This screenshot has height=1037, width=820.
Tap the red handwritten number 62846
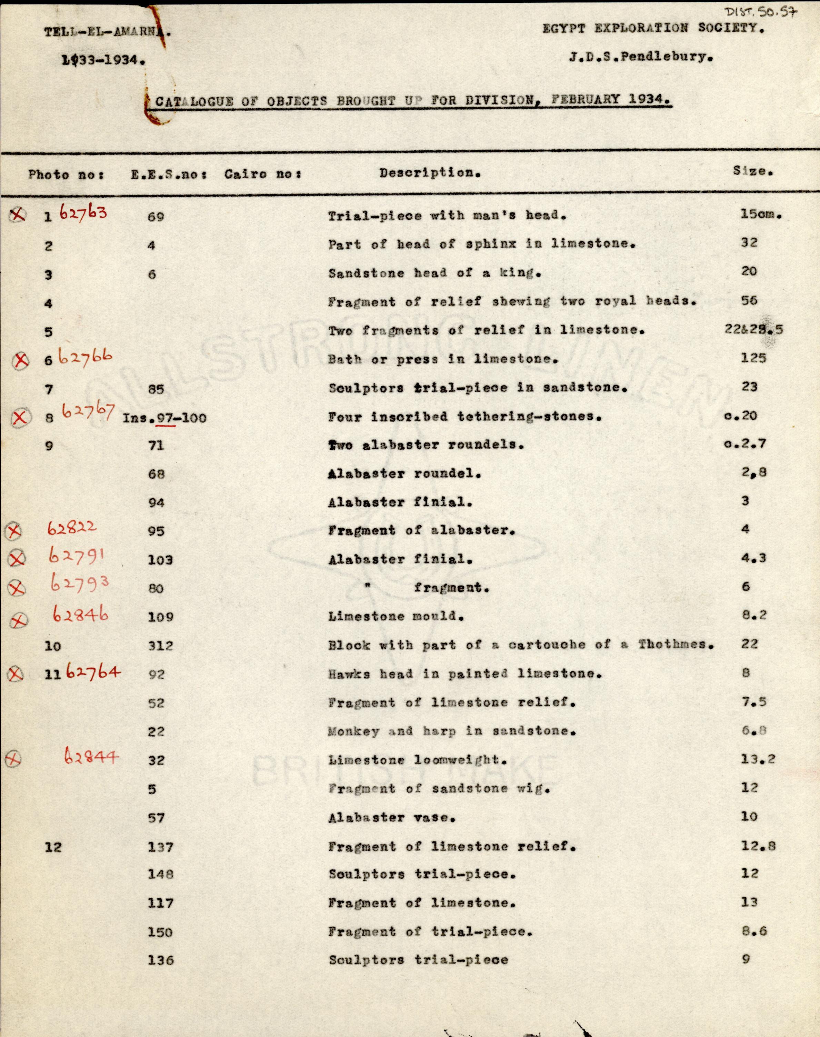pyautogui.click(x=80, y=615)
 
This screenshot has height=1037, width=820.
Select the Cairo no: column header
pyautogui.click(x=263, y=174)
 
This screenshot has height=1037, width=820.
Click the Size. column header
pyautogui.click(x=753, y=171)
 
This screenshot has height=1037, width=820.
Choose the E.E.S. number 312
pyautogui.click(x=160, y=646)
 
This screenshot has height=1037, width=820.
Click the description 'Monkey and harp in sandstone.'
pyautogui.click(x=452, y=731)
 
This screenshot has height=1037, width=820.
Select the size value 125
pyautogui.click(x=753, y=358)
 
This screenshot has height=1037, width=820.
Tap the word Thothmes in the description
pyautogui.click(x=676, y=644)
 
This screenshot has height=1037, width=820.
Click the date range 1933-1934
pyautogui.click(x=103, y=60)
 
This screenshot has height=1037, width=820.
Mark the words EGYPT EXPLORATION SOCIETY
pyautogui.click(x=653, y=28)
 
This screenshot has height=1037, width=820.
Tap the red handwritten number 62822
pyautogui.click(x=72, y=528)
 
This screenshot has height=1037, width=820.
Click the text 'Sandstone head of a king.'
pyautogui.click(x=434, y=273)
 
